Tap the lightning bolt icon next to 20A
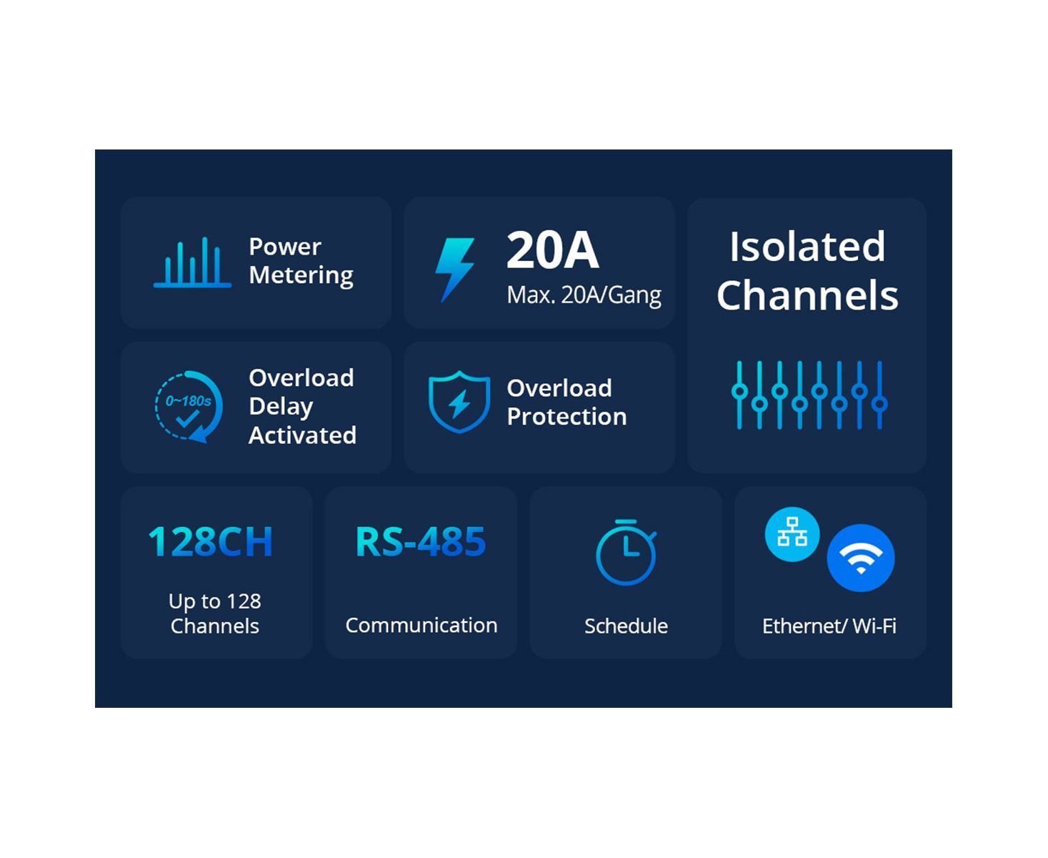tap(454, 270)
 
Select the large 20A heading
tap(552, 250)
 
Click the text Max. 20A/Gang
tap(584, 295)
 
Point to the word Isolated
tap(807, 247)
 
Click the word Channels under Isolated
tap(807, 295)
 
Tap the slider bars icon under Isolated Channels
tap(809, 395)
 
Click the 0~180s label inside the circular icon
tap(189, 400)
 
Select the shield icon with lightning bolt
tap(459, 401)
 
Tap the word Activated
tap(303, 435)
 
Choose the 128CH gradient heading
tap(211, 541)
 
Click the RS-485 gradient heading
tap(420, 541)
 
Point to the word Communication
tap(421, 625)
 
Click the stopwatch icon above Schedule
tap(626, 552)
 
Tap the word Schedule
tap(626, 626)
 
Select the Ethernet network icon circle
tap(792, 534)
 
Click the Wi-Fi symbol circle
tap(861, 558)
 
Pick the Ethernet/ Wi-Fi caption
tap(829, 626)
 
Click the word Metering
tap(301, 275)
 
